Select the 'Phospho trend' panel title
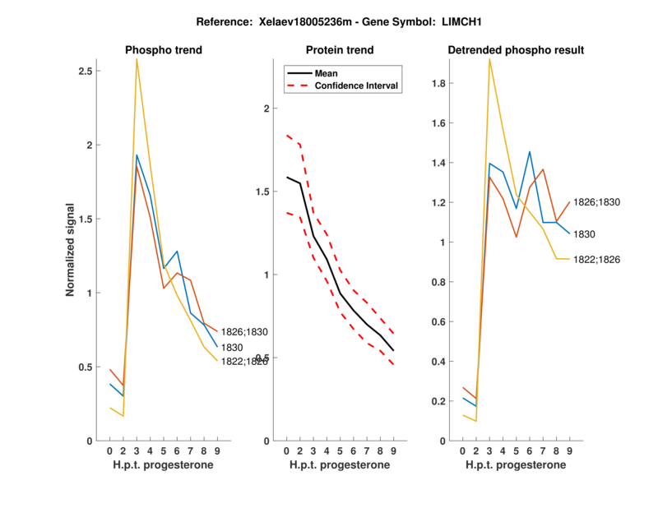coord(163,50)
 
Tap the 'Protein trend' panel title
coord(340,50)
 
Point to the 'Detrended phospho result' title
coord(516,50)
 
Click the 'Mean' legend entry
coord(327,72)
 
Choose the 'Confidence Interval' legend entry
coord(357,85)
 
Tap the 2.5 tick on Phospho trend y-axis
coord(85,72)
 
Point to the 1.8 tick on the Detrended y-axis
coord(438,83)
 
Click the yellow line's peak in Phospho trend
coord(137,59)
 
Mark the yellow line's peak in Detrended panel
coord(489,59)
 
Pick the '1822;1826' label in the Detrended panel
coord(596,260)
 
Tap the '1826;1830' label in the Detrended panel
coord(596,201)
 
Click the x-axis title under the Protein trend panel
coord(340,465)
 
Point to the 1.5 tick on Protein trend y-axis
coord(263,192)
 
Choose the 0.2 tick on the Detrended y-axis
coord(438,401)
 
